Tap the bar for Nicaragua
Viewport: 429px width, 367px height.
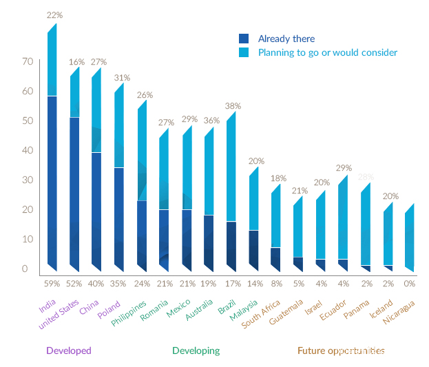410,238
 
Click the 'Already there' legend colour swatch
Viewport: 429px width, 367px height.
243,39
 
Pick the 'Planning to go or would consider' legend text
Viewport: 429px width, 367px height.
328,52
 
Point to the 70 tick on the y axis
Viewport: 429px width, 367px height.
28,61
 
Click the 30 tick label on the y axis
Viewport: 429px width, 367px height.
28,180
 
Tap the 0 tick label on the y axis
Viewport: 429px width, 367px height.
25,269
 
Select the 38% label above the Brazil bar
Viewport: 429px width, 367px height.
233,106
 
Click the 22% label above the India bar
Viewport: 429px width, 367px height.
54,14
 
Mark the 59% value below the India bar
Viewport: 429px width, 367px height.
52,283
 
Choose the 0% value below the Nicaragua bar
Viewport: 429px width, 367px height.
409,283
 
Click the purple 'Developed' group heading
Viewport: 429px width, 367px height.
69,350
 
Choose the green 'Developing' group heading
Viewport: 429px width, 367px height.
196,350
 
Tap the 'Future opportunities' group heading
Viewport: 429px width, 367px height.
341,350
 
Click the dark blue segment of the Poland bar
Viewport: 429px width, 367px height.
119,217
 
